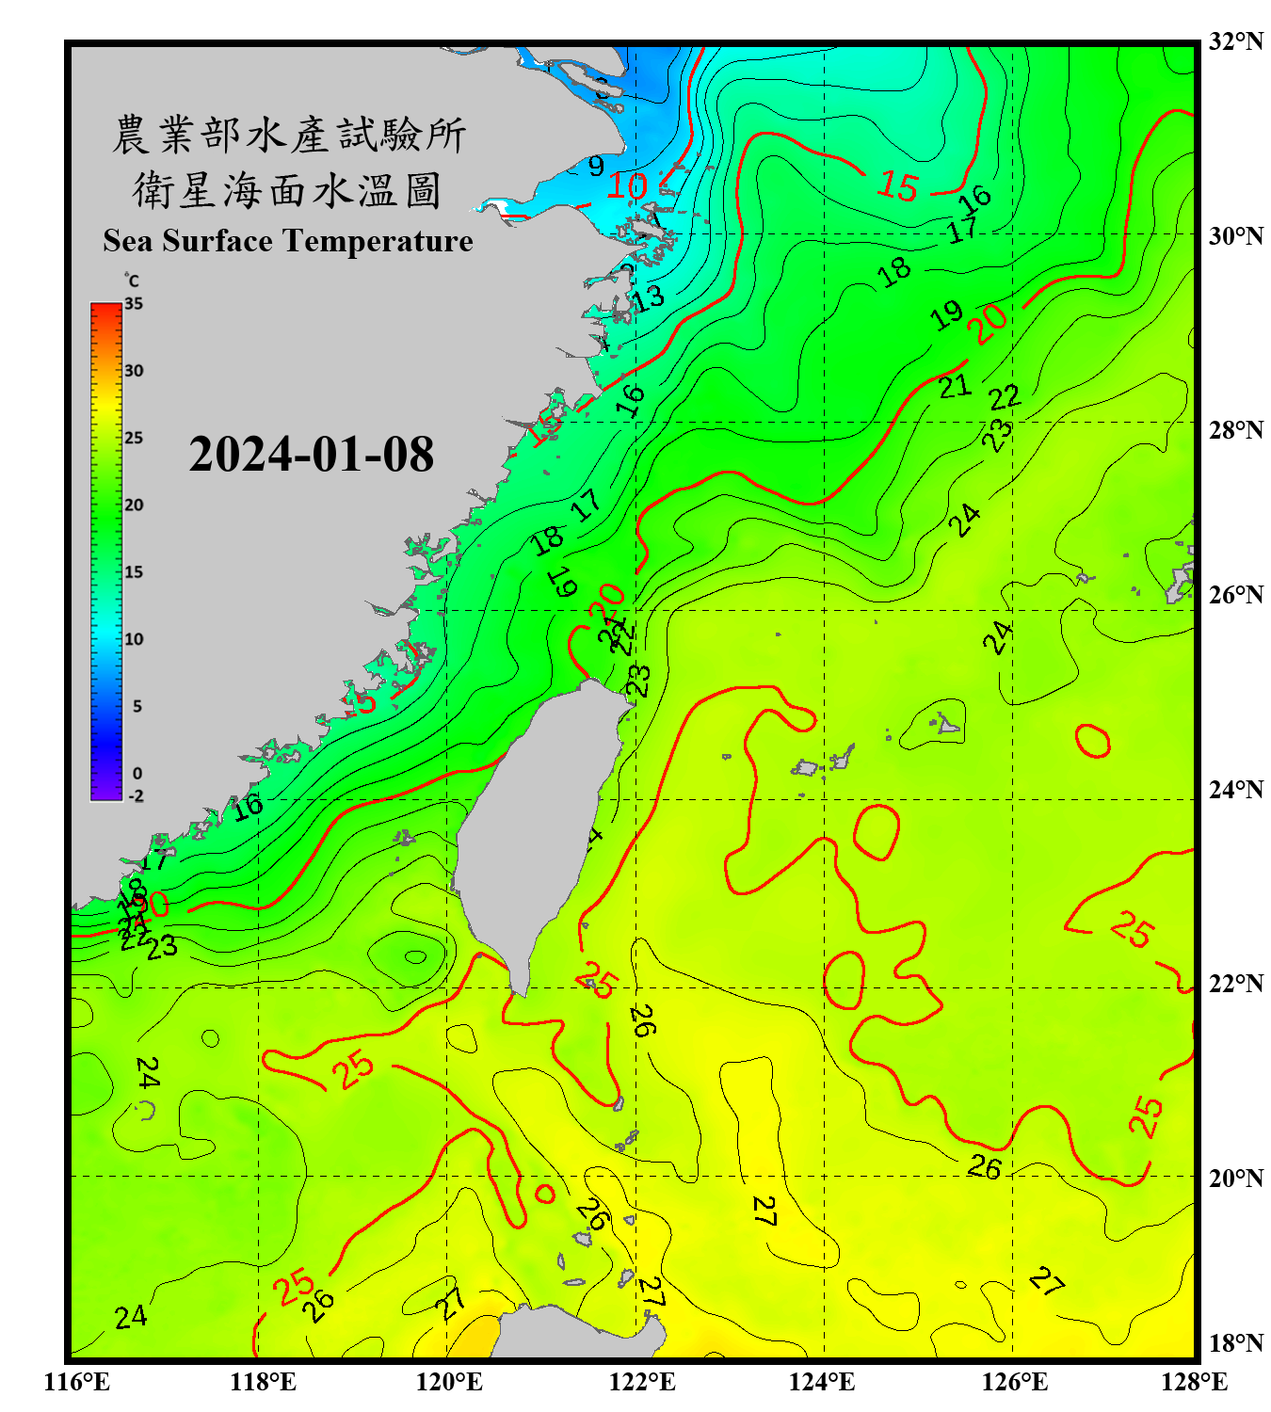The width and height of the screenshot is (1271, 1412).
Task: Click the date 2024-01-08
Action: point(311,455)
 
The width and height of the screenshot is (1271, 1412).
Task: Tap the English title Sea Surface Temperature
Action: point(288,241)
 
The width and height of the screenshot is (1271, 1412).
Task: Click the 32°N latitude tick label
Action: point(1235,41)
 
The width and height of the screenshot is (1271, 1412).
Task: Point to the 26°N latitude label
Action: point(1235,595)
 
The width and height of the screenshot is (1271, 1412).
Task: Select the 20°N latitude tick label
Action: point(1235,1178)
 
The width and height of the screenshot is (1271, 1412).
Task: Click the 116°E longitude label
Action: point(77,1382)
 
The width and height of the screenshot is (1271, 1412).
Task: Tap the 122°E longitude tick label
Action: point(642,1382)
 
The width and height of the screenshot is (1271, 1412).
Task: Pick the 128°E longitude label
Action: point(1194,1382)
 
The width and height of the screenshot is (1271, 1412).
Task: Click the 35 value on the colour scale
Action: point(134,304)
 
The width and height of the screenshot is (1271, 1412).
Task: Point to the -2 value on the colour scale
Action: point(136,796)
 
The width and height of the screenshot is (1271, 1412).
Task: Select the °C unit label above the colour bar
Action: point(132,281)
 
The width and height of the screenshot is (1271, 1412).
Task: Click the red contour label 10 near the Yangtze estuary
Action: point(626,186)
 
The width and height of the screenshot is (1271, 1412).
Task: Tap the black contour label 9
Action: point(596,167)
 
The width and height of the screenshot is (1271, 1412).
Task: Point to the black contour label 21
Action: point(955,386)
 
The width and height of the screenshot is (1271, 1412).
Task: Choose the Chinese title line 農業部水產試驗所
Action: point(288,136)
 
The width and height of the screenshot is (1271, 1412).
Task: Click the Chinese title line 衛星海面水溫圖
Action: point(287,190)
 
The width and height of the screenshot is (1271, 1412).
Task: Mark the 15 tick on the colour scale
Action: point(134,572)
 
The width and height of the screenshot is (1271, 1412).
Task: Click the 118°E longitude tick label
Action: point(264,1382)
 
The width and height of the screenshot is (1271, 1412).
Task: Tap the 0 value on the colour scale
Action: point(137,774)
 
